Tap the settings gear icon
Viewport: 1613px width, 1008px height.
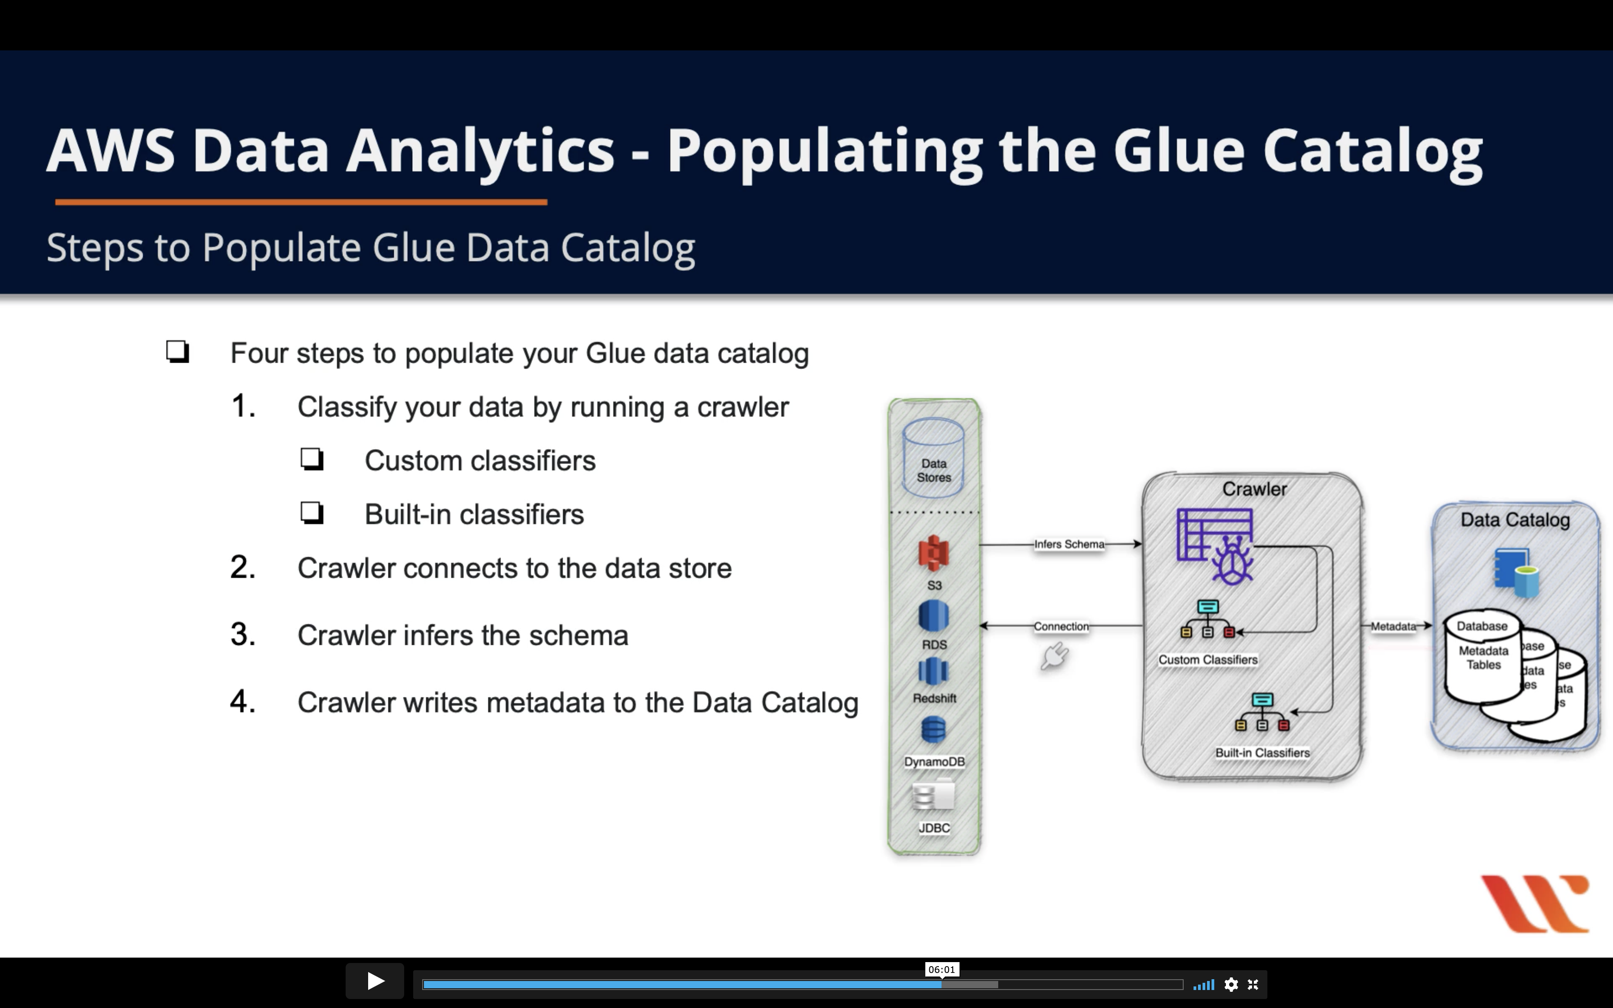tap(1231, 985)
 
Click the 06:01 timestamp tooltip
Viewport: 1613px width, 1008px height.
tap(941, 969)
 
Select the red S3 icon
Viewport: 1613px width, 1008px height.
tap(934, 553)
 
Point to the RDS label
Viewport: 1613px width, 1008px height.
tap(934, 645)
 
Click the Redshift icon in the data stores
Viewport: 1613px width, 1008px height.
tap(933, 671)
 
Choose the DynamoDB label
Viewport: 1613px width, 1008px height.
tap(934, 761)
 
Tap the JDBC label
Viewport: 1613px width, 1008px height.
tap(934, 828)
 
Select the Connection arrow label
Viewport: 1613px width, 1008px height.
tap(1061, 626)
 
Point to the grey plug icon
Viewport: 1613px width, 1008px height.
tap(1054, 656)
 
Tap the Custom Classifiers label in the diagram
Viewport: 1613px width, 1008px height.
tap(1208, 659)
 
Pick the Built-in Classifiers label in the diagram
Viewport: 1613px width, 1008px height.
tap(1262, 753)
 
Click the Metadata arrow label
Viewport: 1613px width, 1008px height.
tap(1393, 626)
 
